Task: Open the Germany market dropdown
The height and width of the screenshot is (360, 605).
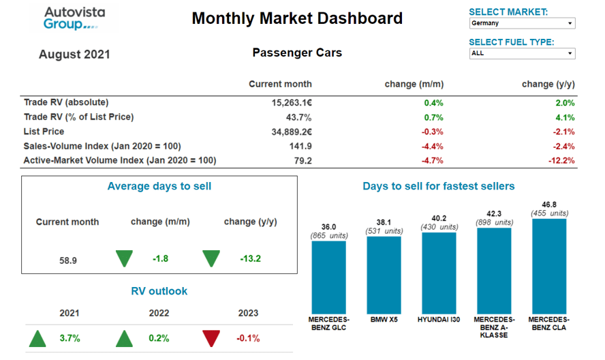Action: [x=522, y=23]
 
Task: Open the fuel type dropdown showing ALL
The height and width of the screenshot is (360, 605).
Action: [x=522, y=53]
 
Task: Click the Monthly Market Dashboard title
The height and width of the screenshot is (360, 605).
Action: [x=297, y=18]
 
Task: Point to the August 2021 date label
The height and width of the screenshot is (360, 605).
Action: [x=74, y=55]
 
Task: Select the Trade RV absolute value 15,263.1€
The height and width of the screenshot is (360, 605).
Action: [x=292, y=103]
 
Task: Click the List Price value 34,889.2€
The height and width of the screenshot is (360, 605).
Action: [x=292, y=132]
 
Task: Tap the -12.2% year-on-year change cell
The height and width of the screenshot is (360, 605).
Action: [x=561, y=161]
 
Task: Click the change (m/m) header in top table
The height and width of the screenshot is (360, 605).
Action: [x=414, y=85]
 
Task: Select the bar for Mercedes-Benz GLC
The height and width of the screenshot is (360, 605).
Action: [x=329, y=277]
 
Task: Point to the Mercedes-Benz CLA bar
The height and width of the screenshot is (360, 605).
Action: [x=549, y=266]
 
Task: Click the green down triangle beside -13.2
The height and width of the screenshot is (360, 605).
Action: [x=212, y=259]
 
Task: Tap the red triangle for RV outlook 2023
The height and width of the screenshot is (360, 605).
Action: [x=212, y=338]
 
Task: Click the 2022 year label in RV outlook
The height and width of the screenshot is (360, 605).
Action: [x=159, y=313]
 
